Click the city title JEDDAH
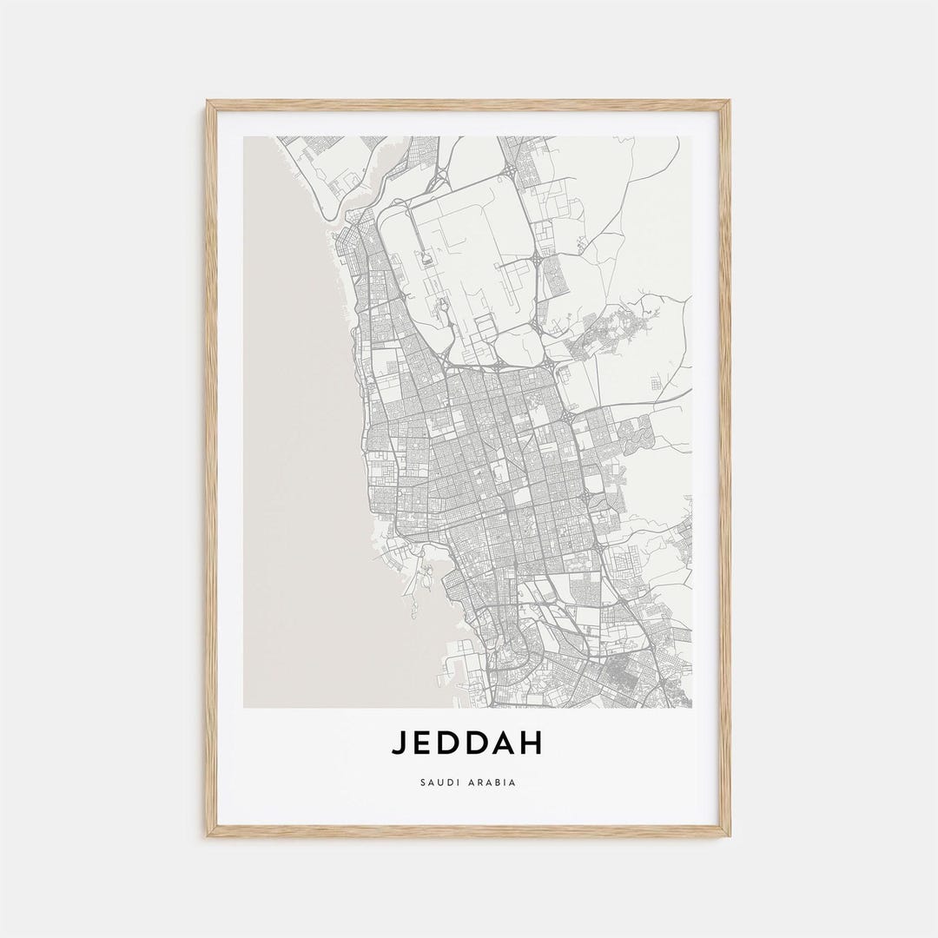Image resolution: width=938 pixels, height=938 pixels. (467, 743)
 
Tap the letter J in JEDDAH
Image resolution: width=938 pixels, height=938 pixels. (398, 743)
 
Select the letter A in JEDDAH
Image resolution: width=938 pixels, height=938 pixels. (505, 743)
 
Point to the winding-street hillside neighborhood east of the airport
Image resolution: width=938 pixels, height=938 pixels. (608, 330)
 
